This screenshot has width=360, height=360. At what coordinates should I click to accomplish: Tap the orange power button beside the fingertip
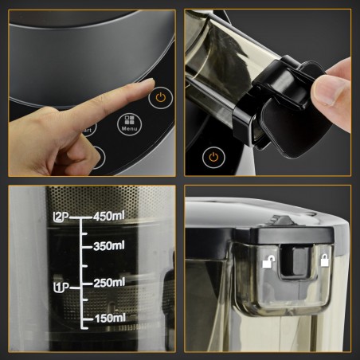click(x=162, y=99)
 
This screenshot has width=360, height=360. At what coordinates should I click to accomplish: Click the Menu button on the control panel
click(x=129, y=124)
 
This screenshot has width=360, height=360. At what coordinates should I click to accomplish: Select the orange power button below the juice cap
click(x=213, y=157)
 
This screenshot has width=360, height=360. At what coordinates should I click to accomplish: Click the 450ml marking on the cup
click(x=111, y=217)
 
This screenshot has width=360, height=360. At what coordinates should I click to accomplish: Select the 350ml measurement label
click(x=111, y=247)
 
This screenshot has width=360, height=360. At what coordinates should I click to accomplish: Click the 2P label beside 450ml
click(x=62, y=217)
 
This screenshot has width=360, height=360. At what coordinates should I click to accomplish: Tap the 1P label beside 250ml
click(x=61, y=285)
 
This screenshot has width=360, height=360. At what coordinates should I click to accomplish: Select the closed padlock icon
click(x=324, y=260)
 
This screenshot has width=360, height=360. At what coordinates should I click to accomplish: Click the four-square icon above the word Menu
click(x=129, y=119)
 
